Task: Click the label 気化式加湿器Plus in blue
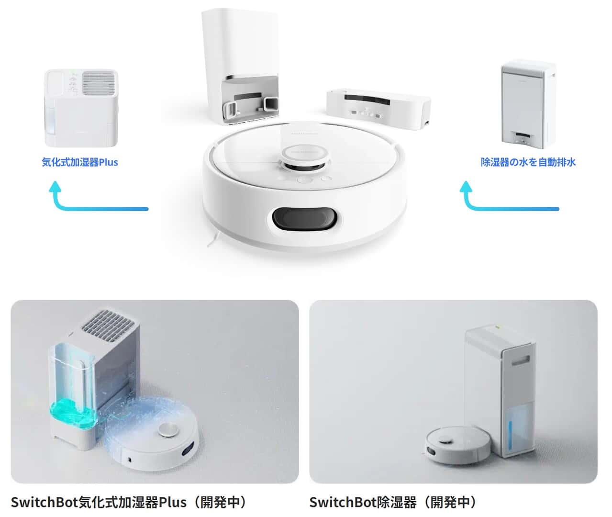(x=80, y=162)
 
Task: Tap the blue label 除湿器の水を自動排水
(x=528, y=162)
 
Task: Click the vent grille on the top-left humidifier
(x=100, y=83)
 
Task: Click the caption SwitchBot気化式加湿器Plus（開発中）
(x=129, y=502)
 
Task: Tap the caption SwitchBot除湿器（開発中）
(x=393, y=502)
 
